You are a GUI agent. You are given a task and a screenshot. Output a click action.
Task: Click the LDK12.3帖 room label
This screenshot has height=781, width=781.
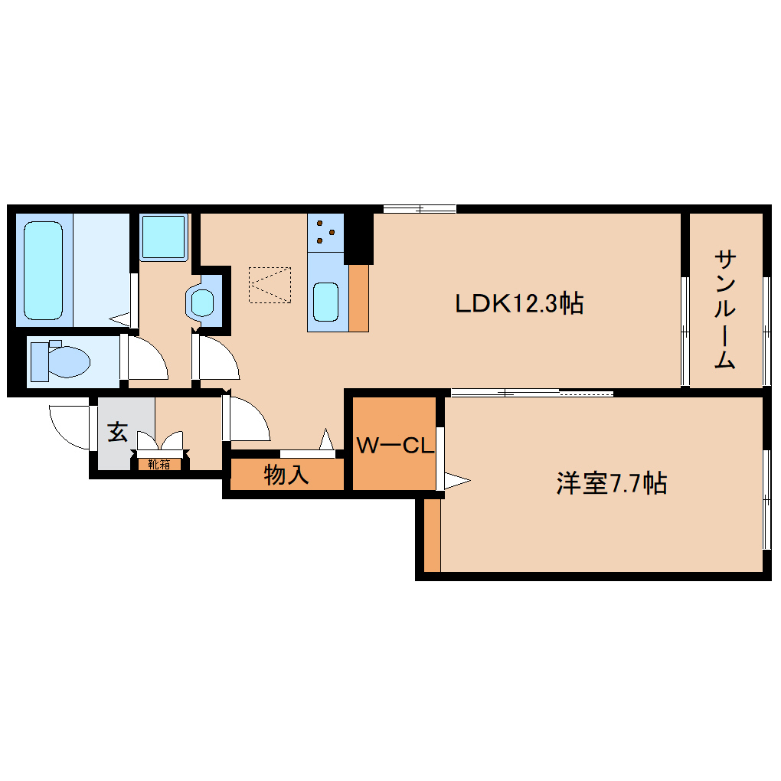pyautogui.click(x=519, y=304)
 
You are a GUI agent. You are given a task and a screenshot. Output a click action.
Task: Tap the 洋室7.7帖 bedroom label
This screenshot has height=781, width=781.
pyautogui.click(x=610, y=484)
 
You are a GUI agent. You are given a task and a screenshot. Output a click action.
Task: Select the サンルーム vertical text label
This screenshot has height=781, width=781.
pyautogui.click(x=725, y=309)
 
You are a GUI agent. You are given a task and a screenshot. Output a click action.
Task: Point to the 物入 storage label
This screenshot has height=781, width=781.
pyautogui.click(x=286, y=475)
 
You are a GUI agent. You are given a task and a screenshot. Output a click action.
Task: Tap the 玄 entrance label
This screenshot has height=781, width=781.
pyautogui.click(x=117, y=432)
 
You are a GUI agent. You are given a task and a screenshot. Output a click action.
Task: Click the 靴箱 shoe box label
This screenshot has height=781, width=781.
pyautogui.click(x=159, y=464)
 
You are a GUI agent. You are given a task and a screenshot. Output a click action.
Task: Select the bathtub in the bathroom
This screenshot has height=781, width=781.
pyautogui.click(x=43, y=270)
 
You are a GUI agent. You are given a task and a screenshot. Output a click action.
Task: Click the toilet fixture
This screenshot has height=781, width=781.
pyautogui.click(x=61, y=361)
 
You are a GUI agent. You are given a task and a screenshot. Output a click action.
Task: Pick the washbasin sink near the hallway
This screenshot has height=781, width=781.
pyautogui.click(x=203, y=302)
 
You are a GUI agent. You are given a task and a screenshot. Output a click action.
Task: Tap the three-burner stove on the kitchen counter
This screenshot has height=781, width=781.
pyautogui.click(x=327, y=231)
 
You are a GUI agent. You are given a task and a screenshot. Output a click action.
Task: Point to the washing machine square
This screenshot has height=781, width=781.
pyautogui.click(x=164, y=236)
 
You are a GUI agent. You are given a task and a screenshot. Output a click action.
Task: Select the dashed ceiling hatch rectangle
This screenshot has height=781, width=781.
pyautogui.click(x=270, y=285)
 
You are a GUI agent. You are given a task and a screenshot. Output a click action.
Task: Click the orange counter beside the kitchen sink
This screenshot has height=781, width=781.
pyautogui.click(x=359, y=298)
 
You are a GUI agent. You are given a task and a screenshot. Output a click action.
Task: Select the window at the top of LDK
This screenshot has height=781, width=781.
pyautogui.click(x=420, y=208)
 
